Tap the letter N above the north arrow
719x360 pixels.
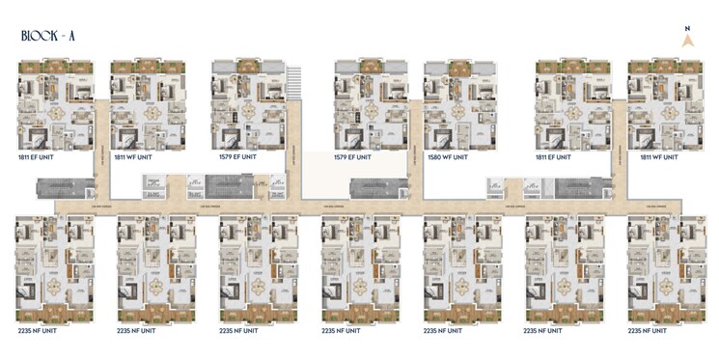[x=687, y=29]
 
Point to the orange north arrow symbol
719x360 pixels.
[x=687, y=42]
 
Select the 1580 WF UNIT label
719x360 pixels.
[x=447, y=155]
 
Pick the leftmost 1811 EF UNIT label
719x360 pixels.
[x=38, y=155]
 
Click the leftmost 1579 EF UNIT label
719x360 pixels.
[x=237, y=155]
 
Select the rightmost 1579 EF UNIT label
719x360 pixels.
[x=353, y=155]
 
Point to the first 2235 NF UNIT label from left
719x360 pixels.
[x=38, y=330]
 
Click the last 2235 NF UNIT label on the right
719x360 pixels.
[x=648, y=330]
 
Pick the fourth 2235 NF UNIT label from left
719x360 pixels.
[x=342, y=330]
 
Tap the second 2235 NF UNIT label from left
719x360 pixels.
[x=138, y=330]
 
